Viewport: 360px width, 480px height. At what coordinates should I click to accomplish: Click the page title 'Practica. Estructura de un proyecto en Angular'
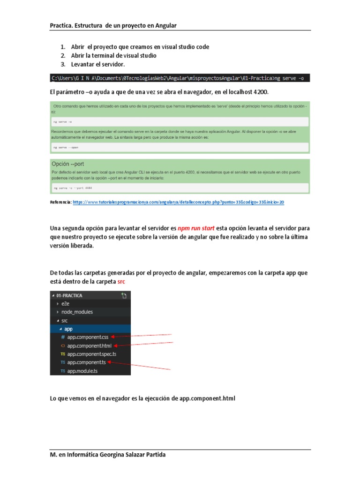pos(113,25)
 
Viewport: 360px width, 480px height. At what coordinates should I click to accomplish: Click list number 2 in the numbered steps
pos(62,55)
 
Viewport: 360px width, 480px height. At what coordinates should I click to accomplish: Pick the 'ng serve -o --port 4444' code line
pos(73,187)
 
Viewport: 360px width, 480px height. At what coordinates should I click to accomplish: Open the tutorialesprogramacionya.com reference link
pos(179,202)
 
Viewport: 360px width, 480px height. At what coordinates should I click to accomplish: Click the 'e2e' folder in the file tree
pos(65,304)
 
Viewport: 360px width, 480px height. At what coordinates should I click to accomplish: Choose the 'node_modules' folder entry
pos(77,312)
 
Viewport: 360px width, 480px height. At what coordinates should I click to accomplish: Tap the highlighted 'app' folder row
pos(68,329)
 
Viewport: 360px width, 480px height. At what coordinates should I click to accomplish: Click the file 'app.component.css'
pos(88,337)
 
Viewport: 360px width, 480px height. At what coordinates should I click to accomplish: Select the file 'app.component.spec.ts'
pos(91,354)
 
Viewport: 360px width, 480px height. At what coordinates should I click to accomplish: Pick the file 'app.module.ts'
pos(82,371)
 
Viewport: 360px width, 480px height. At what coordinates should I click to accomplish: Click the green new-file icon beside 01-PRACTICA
pos(124,295)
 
